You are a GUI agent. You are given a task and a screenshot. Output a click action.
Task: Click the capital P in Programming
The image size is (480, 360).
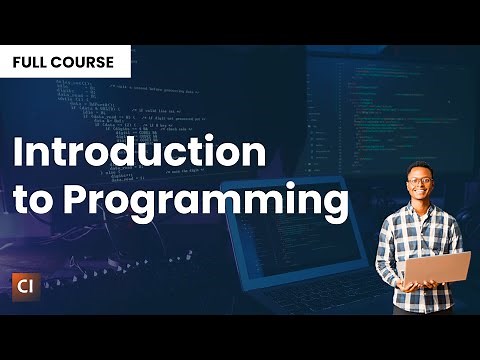click(78, 199)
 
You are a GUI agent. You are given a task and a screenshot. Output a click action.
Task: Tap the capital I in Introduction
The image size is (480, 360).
click(18, 153)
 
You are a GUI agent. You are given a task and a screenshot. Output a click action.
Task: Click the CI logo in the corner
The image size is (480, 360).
click(31, 283)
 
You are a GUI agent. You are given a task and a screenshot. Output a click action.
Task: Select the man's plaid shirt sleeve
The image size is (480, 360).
click(388, 250)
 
